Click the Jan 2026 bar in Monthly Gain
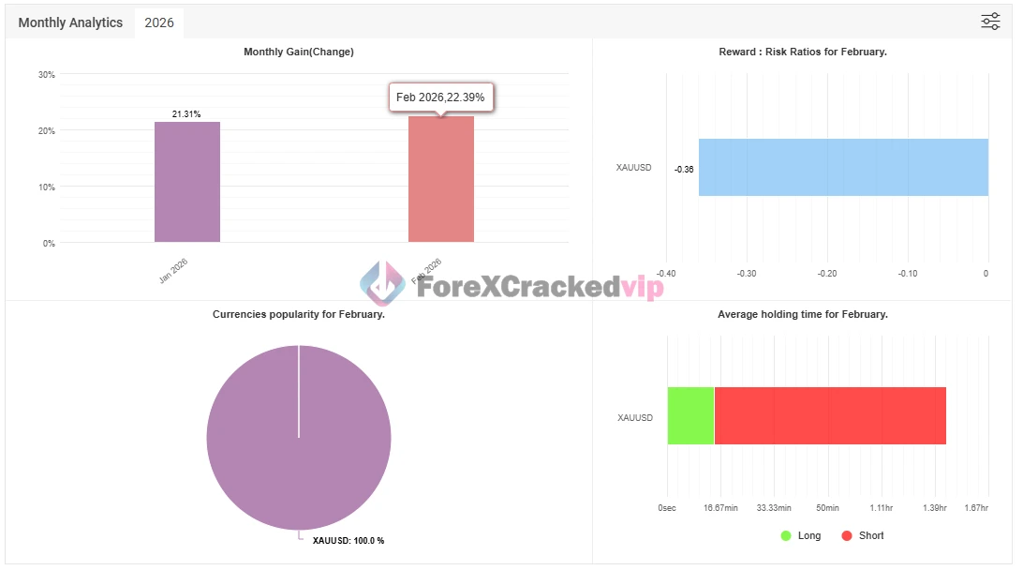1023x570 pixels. (x=187, y=182)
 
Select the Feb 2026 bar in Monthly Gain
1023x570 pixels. (x=440, y=179)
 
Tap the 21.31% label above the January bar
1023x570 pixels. (x=186, y=114)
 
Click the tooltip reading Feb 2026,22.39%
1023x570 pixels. (x=441, y=97)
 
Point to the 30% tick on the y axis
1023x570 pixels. (x=46, y=75)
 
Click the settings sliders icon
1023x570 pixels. (x=990, y=22)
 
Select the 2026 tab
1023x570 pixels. (x=159, y=22)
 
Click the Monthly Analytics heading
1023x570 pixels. (x=70, y=22)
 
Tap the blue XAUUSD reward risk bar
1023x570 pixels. (x=843, y=168)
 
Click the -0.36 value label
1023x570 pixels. (x=684, y=169)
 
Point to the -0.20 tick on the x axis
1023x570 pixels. (x=827, y=274)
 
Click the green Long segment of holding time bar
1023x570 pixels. (x=690, y=415)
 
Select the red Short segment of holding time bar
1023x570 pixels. (x=830, y=415)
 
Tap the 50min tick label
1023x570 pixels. (x=827, y=507)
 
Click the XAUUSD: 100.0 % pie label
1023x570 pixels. (x=348, y=541)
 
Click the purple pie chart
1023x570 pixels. (x=299, y=438)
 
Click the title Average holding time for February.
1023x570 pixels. (x=802, y=314)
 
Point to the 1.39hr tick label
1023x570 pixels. (x=934, y=507)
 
